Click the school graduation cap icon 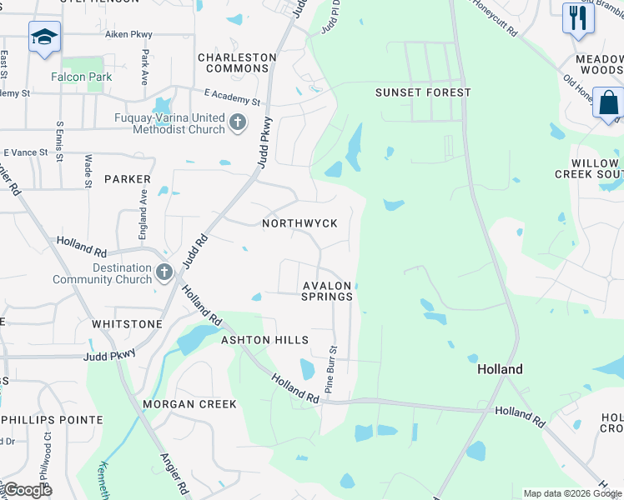point(44,37)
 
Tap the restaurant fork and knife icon point(577,17)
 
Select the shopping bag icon point(609,104)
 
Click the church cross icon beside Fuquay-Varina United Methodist point(239,123)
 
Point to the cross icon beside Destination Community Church point(164,272)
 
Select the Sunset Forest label point(423,92)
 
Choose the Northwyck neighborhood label point(299,223)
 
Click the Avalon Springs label point(328,291)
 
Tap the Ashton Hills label point(264,340)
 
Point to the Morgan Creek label point(189,404)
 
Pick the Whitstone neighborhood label point(127,324)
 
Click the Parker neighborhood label point(128,179)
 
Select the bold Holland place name point(500,369)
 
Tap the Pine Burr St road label point(332,371)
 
